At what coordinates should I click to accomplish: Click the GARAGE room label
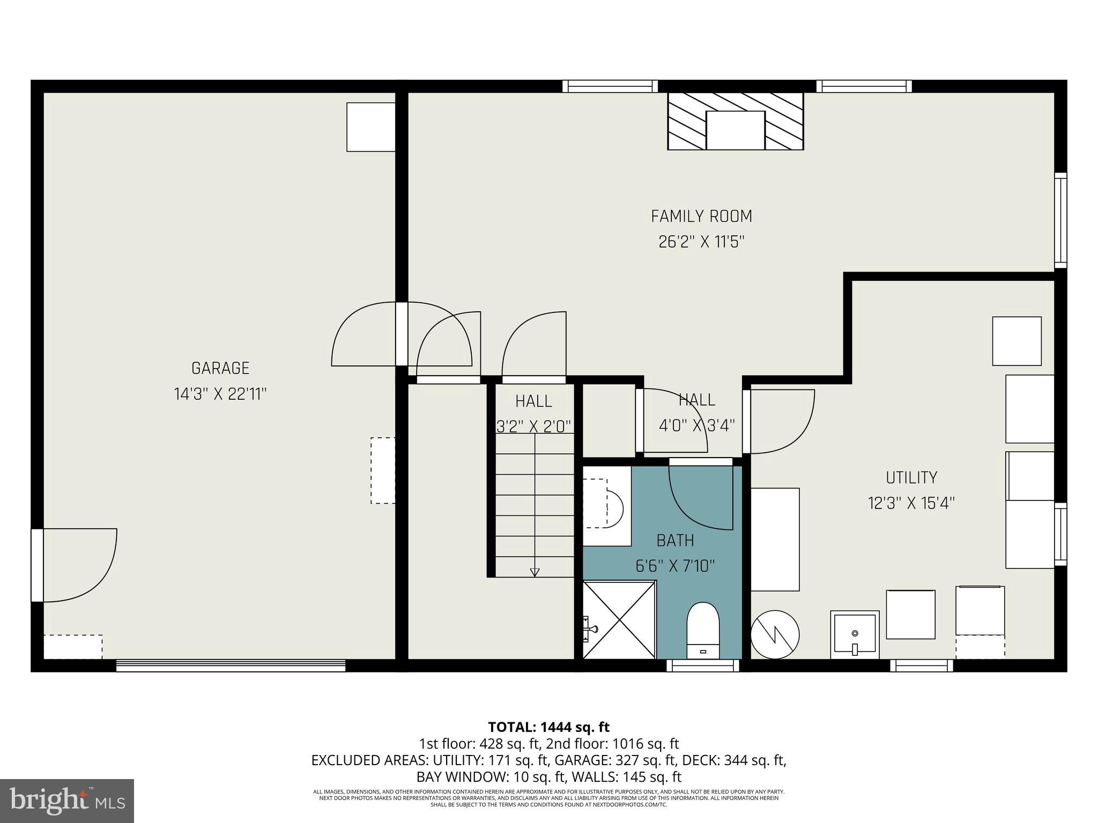point(220,368)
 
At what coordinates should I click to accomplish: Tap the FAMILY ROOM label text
point(701,216)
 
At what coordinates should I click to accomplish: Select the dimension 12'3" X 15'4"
point(911,503)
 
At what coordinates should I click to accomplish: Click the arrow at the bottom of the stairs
point(535,572)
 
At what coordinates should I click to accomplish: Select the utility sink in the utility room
point(855,634)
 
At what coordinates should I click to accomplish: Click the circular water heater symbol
point(775,635)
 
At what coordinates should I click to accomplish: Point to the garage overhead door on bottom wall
point(231,665)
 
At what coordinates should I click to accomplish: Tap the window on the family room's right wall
point(1060,220)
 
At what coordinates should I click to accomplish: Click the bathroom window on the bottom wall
point(702,665)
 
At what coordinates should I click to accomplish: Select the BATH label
point(675,540)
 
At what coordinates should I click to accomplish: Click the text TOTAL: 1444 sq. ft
point(548,727)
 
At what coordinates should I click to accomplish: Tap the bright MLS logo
point(67,801)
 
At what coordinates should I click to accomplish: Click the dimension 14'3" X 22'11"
point(220,394)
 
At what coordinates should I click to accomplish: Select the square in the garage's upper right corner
point(370,127)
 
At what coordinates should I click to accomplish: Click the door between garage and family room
point(402,334)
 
